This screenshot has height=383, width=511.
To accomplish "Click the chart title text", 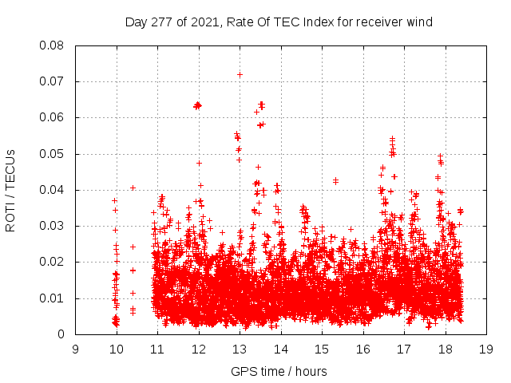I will pyautogui.click(x=279, y=22).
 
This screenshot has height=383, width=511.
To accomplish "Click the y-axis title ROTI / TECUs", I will pyautogui.click(x=10, y=190).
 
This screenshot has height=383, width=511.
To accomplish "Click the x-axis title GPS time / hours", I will pyautogui.click(x=279, y=371).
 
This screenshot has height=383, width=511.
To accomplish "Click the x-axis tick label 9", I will pyautogui.click(x=76, y=349).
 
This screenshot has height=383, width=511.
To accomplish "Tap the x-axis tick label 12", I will pyautogui.click(x=199, y=349).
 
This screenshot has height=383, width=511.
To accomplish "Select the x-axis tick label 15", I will pyautogui.click(x=322, y=349).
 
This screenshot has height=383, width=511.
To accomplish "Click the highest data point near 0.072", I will pyautogui.click(x=240, y=74).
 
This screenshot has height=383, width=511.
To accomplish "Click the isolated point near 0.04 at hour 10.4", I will pyautogui.click(x=133, y=188).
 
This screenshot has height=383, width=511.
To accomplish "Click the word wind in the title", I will pyautogui.click(x=418, y=22).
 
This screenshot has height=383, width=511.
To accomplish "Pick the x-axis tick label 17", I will pyautogui.click(x=404, y=349).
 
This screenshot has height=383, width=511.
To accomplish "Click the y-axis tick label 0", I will pyautogui.click(x=61, y=334).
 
